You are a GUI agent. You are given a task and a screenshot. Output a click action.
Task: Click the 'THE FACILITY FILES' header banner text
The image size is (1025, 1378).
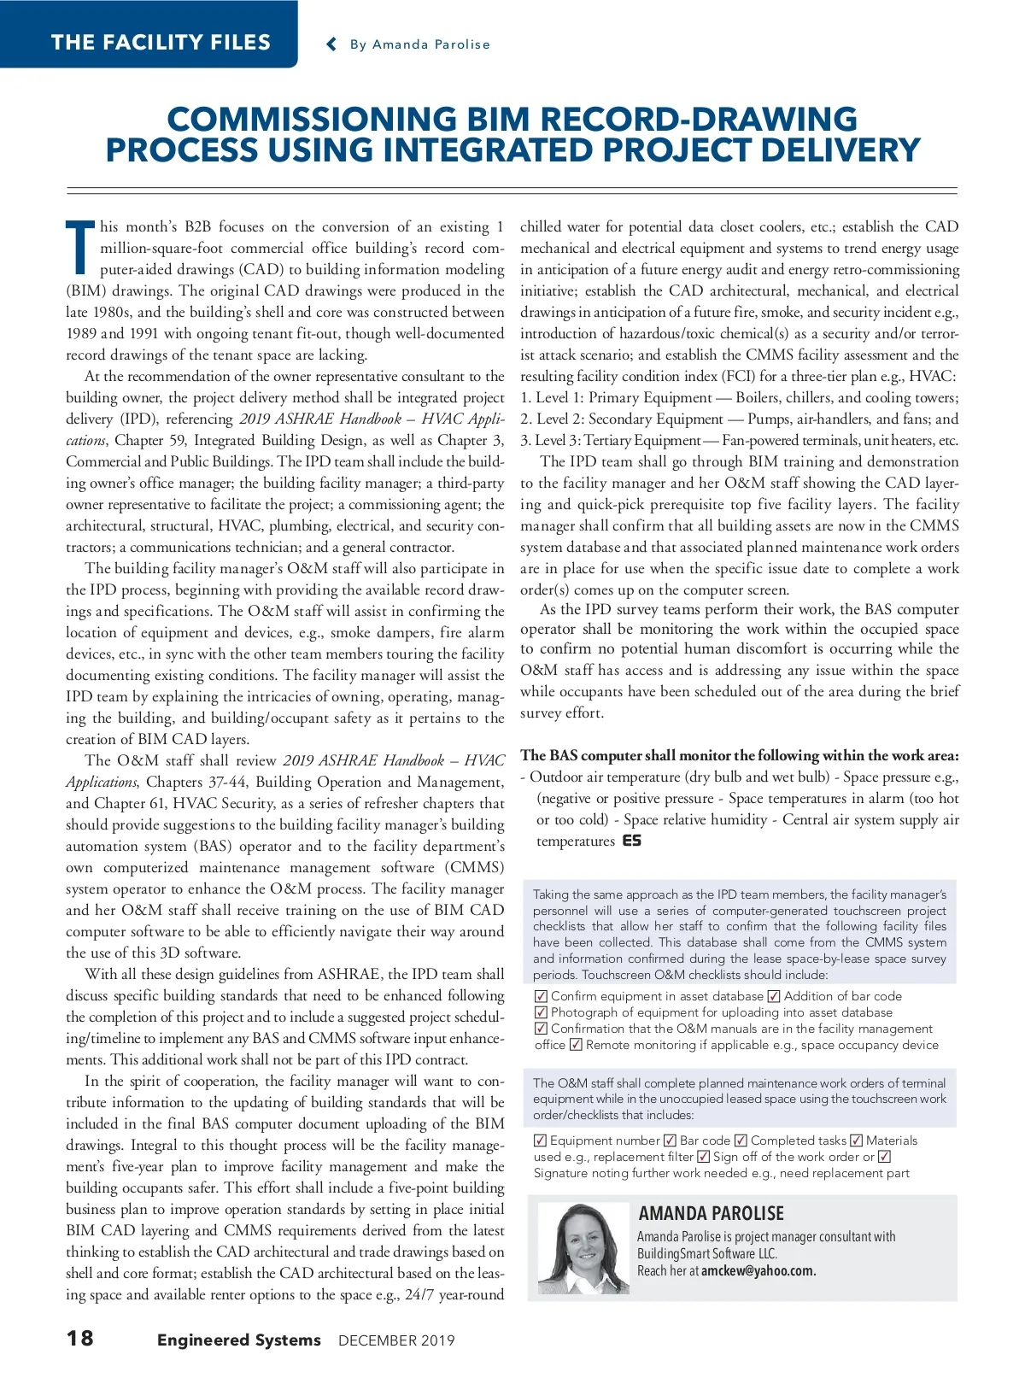tap(161, 43)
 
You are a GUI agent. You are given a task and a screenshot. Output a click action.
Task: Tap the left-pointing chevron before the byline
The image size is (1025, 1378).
tap(331, 44)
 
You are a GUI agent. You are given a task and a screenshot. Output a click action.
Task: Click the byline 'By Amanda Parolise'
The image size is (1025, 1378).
tap(419, 44)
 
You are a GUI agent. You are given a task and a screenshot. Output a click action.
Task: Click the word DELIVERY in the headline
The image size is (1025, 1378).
tap(840, 150)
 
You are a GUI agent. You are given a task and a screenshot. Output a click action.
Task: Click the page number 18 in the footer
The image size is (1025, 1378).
tap(80, 1338)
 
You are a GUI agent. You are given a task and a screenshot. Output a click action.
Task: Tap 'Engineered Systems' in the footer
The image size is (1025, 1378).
tap(238, 1340)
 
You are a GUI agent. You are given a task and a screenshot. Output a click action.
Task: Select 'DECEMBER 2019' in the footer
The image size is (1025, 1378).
tap(396, 1340)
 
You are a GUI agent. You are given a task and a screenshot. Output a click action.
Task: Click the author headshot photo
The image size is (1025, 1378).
tap(580, 1248)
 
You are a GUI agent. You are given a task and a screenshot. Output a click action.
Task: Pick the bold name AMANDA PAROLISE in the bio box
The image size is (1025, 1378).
tap(711, 1213)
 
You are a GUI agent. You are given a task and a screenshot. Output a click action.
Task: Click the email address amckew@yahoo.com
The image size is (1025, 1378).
tap(758, 1270)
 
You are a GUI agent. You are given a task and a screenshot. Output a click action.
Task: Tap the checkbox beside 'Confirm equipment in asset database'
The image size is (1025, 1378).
tap(541, 996)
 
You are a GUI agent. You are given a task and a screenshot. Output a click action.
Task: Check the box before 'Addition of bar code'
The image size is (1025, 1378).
tap(774, 996)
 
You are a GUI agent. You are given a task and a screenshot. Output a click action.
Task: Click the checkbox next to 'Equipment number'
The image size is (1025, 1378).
tap(541, 1141)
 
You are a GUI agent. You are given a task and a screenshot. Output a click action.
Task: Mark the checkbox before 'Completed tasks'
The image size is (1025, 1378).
tap(741, 1141)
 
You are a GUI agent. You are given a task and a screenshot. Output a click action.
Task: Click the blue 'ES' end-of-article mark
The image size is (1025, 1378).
tap(632, 841)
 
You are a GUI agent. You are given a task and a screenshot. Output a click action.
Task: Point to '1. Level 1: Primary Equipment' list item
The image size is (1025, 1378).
tap(616, 398)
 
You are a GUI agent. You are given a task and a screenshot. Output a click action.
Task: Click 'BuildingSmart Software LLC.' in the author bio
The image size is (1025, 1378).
tap(707, 1253)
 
